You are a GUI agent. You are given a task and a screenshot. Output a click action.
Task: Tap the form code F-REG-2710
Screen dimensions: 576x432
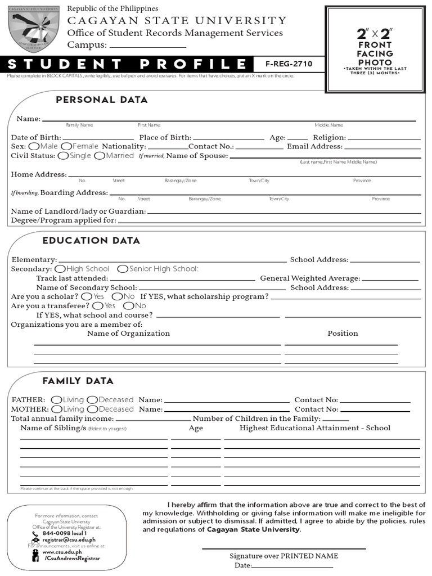click(285, 64)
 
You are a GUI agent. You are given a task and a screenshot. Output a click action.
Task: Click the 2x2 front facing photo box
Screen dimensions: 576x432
click(375, 49)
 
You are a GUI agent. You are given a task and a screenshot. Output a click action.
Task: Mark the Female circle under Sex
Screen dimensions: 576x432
click(66, 146)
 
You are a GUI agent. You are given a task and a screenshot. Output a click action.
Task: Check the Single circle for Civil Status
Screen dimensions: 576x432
click(64, 156)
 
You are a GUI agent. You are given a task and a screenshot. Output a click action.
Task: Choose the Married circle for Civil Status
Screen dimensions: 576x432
click(100, 156)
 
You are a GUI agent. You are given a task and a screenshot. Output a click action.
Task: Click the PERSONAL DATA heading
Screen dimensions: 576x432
click(102, 100)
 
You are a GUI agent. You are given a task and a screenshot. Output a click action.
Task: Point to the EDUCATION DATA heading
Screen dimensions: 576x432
click(91, 241)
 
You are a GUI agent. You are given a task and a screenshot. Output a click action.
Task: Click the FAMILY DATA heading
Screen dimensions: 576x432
click(78, 381)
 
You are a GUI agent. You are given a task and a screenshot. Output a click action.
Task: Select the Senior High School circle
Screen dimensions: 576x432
click(123, 269)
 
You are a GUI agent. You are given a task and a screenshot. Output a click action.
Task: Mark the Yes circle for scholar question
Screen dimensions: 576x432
click(87, 296)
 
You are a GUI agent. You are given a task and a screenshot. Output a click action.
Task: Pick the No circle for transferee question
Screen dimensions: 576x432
click(127, 305)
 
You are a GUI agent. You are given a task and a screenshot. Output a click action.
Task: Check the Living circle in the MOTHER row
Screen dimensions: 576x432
click(57, 409)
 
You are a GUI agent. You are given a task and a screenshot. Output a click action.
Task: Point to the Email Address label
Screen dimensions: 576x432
click(314, 146)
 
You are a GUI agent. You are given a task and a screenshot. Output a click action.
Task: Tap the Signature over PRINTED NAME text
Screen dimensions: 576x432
click(283, 556)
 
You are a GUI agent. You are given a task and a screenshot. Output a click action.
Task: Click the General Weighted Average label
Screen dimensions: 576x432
click(310, 278)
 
